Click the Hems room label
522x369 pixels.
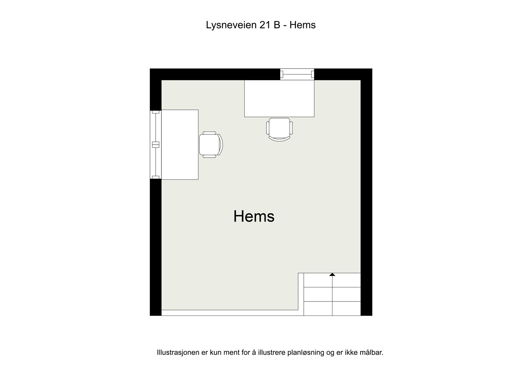point(254,216)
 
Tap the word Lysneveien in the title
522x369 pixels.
point(231,25)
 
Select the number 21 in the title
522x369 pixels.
point(265,25)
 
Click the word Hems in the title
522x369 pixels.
point(302,25)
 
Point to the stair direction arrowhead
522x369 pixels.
point(332,275)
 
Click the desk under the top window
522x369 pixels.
point(279,98)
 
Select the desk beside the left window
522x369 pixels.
point(180,145)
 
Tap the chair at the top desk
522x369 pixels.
point(279,128)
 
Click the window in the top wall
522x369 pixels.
point(297,74)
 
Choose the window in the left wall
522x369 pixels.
point(156,145)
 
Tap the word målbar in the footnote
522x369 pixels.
point(372,353)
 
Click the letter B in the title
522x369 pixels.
point(277,25)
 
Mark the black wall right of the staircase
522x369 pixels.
point(366,294)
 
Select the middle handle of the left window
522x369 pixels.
point(155,145)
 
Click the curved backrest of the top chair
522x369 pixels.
point(279,139)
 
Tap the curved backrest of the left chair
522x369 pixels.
point(222,145)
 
